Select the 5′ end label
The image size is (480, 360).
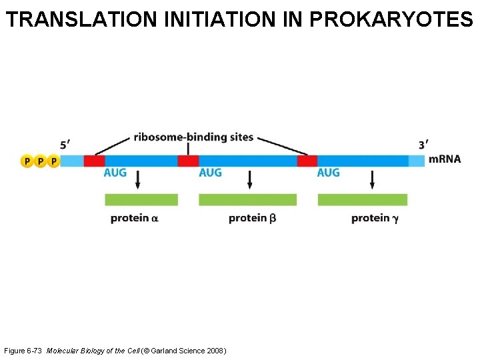click(65, 145)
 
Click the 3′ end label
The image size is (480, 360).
click(423, 145)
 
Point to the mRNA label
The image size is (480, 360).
click(445, 159)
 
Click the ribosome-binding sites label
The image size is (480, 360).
click(193, 137)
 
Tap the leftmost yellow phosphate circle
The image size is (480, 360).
click(27, 161)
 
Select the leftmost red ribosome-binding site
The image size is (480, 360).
click(94, 161)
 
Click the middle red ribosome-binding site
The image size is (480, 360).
click(188, 161)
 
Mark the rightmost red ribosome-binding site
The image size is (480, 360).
click(307, 161)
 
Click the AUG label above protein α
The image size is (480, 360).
click(115, 173)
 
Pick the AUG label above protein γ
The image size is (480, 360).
click(328, 173)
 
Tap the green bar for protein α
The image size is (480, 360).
click(141, 199)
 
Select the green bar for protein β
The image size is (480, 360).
click(247, 199)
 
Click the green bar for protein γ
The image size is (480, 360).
click(363, 199)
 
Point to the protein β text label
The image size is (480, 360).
click(252, 218)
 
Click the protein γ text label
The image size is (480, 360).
click(375, 218)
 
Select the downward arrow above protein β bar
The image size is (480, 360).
click(249, 179)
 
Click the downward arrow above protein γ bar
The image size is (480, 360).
click(372, 179)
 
